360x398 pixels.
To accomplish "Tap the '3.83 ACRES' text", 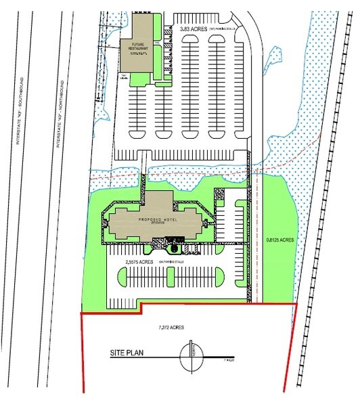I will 194,29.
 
